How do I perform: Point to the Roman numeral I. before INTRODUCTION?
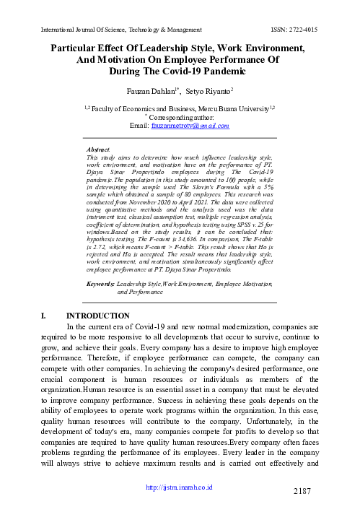[x=48, y=316]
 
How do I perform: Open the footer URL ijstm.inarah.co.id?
[x=180, y=485]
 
